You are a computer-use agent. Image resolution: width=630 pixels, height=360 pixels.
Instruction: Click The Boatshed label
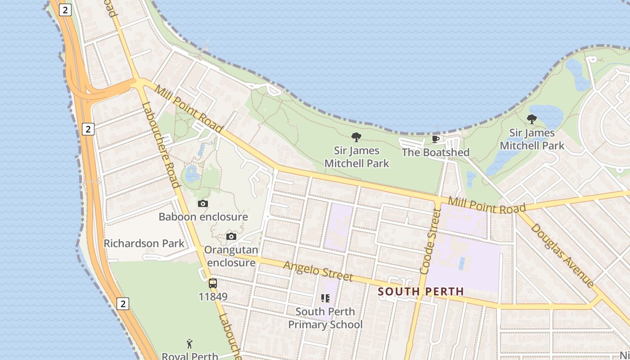435,153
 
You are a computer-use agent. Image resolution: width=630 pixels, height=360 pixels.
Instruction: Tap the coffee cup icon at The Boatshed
435,139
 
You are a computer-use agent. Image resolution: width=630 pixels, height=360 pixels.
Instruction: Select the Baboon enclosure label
203,217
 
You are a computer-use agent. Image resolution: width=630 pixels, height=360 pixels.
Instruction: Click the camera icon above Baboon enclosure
203,204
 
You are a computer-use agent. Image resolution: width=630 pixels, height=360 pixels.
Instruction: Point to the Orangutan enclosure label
231,256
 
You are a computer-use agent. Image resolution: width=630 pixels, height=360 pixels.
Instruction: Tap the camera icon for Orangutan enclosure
231,237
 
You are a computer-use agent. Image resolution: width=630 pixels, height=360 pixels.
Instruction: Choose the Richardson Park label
144,243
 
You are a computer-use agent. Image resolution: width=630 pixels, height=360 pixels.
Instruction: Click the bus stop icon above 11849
213,283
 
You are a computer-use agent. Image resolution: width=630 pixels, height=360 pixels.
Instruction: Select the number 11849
213,297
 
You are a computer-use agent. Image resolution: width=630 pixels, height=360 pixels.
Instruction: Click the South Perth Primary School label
325,318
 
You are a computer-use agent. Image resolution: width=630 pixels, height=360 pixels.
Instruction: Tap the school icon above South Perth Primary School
325,298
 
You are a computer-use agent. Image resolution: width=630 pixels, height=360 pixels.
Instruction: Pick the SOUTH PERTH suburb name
421,292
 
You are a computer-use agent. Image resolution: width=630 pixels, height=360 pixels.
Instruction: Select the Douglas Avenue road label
562,255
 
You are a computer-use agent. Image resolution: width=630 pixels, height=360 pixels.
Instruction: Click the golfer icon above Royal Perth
189,344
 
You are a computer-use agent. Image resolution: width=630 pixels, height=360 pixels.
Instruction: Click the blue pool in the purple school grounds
462,263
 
